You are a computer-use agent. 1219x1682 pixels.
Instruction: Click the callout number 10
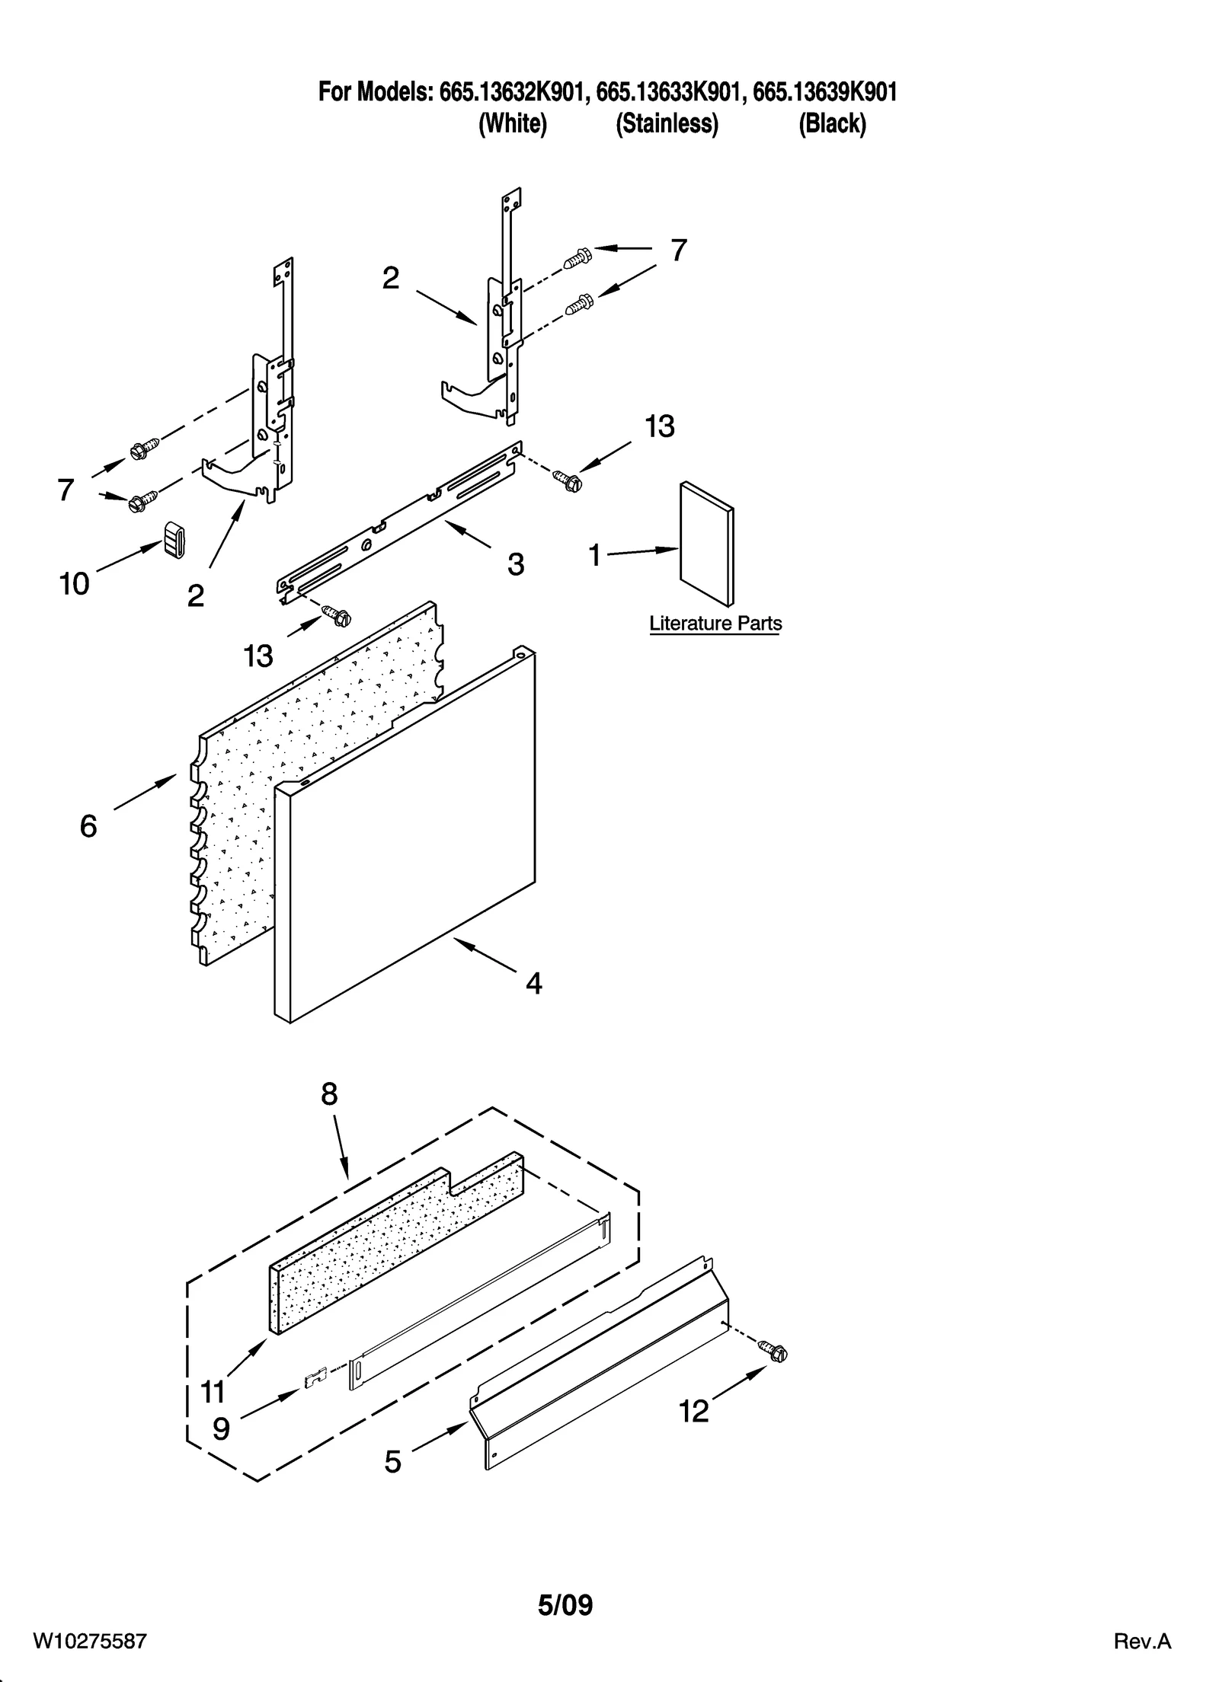74,584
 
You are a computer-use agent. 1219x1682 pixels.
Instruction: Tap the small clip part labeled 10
174,539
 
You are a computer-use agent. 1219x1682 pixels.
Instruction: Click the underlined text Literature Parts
715,624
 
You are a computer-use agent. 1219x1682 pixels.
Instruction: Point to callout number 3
516,564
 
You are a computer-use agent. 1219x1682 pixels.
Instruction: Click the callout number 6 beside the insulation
88,826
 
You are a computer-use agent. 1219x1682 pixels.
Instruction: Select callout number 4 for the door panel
533,985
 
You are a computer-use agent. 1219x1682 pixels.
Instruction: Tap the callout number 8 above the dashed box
328,1094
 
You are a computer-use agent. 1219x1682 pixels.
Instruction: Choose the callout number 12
694,1412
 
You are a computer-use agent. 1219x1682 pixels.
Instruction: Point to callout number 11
213,1392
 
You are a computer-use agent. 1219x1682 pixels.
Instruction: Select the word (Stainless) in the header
667,123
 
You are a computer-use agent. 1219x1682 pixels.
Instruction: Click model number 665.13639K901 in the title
824,93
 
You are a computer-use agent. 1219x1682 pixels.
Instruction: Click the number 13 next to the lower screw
258,656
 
